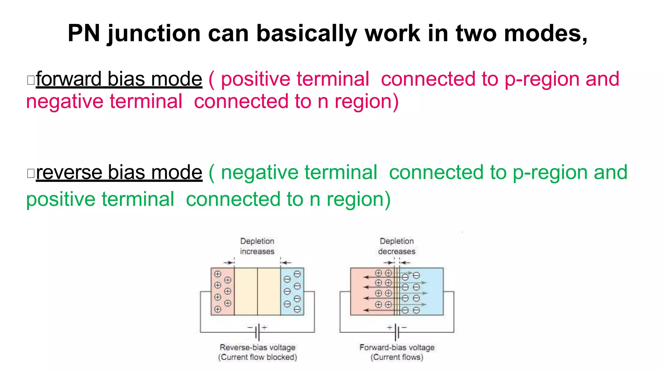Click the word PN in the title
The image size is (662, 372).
[84, 33]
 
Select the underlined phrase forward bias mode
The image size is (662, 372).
[119, 79]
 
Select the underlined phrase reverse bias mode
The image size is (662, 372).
[119, 172]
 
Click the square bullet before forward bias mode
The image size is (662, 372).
[31, 80]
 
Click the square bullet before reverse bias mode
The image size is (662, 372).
[31, 173]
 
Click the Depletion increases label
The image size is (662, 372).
[257, 246]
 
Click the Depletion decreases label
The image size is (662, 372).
[397, 246]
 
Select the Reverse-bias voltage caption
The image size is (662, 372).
[257, 347]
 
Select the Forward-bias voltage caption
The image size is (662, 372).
[397, 347]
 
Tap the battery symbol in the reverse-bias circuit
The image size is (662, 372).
[257, 332]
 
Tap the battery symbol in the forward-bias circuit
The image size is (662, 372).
[397, 332]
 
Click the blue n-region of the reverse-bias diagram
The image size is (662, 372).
[292, 291]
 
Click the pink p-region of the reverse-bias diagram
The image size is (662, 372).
[222, 291]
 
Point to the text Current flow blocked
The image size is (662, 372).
[257, 357]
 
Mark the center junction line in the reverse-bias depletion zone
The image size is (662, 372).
[257, 291]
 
